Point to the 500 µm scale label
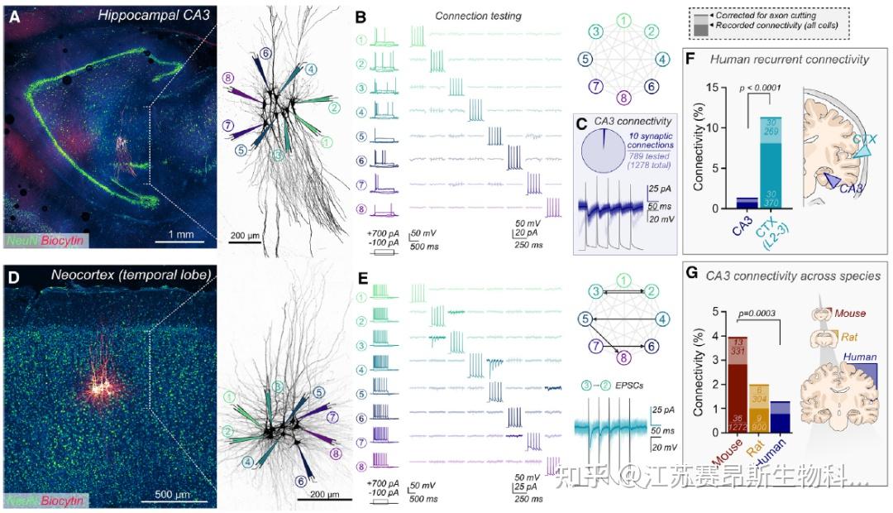[x=173, y=495]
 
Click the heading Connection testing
[x=477, y=17]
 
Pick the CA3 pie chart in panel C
[x=605, y=148]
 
